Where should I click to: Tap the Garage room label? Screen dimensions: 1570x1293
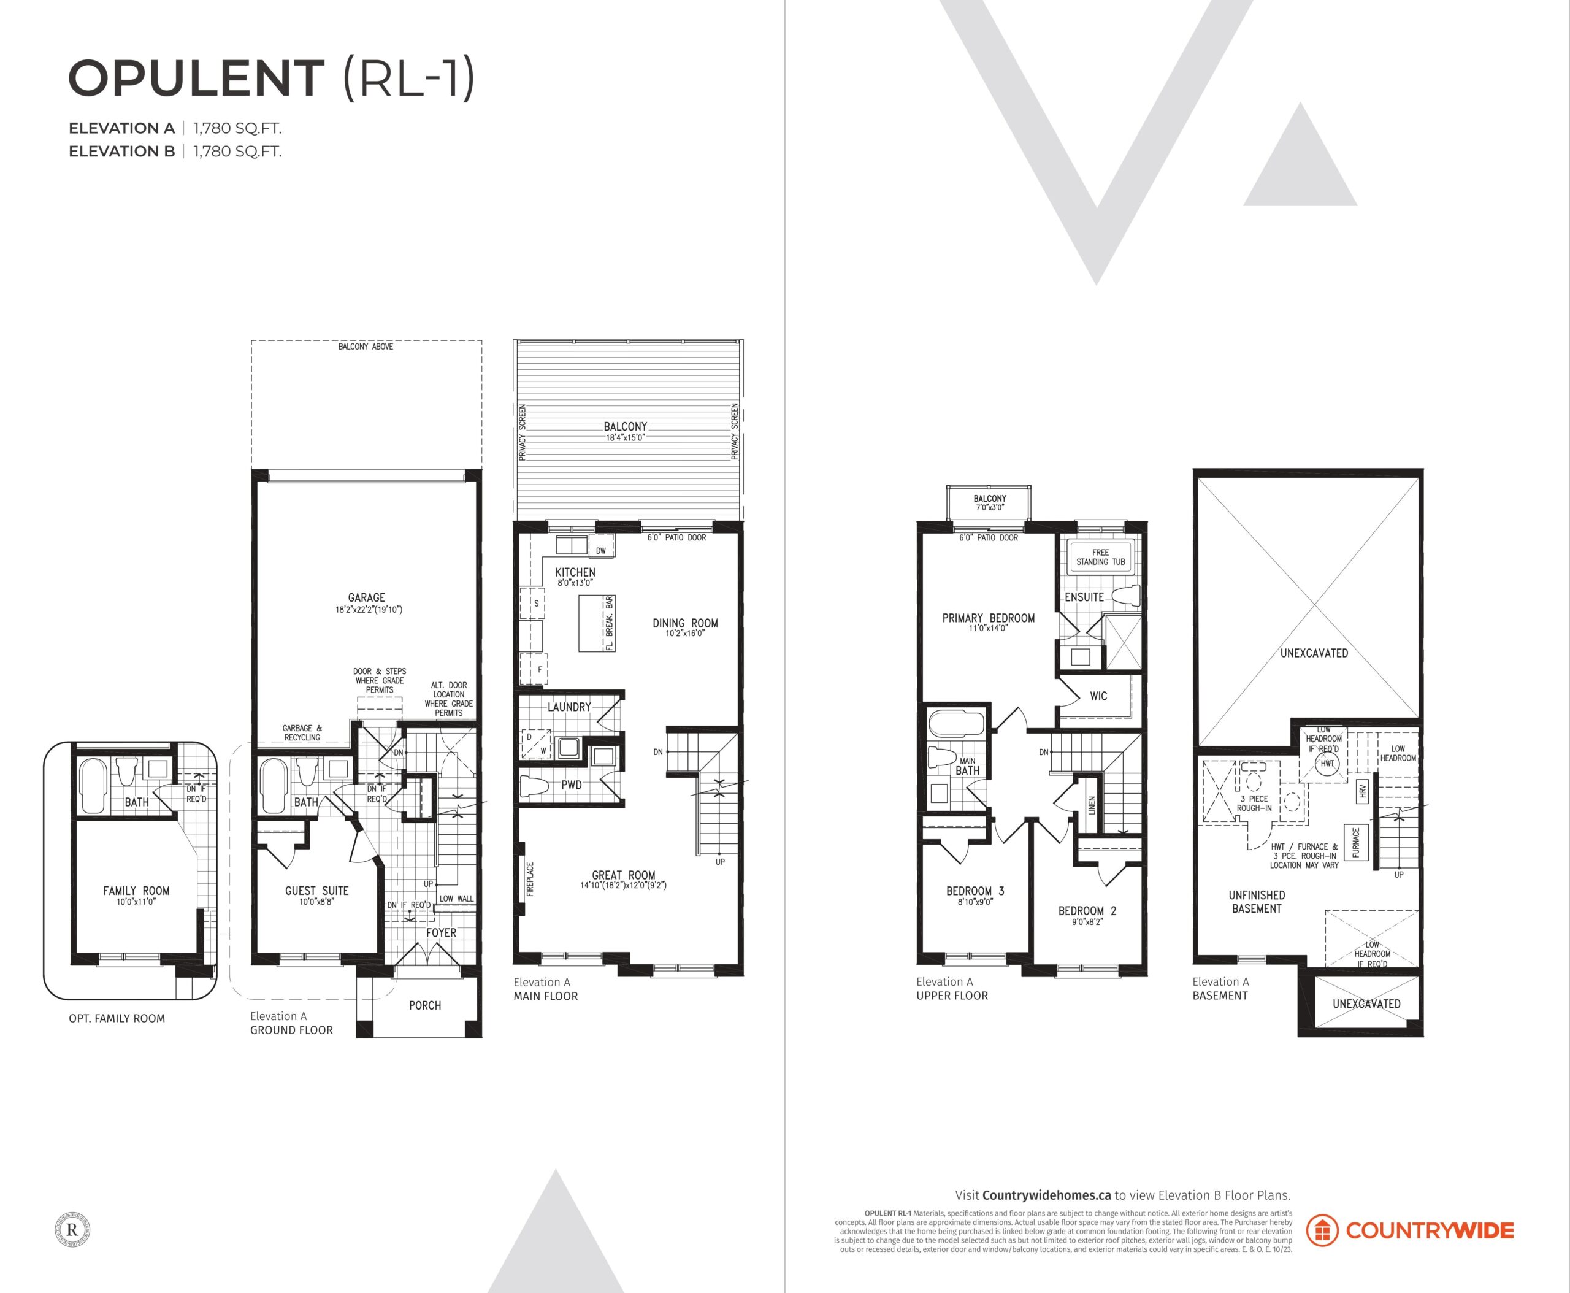(366, 597)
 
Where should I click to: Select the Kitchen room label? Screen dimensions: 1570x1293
(575, 572)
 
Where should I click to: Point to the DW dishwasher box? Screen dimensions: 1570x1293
(601, 550)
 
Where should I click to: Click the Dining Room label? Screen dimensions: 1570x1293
(685, 623)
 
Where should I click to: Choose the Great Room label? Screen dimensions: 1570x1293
(623, 875)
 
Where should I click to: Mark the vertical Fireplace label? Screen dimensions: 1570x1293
(530, 879)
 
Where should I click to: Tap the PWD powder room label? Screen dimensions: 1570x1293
(571, 785)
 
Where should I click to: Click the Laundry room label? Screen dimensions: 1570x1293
(569, 707)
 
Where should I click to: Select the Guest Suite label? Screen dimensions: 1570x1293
(316, 890)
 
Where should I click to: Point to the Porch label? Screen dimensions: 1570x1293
(424, 1005)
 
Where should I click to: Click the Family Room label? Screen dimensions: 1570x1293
(136, 890)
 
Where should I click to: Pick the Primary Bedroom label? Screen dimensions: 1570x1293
(989, 618)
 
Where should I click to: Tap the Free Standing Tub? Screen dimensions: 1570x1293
(1100, 556)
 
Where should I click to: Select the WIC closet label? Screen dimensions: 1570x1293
(1098, 696)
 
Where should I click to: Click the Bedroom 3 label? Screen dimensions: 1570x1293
(975, 891)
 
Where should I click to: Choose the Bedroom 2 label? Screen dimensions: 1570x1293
(1087, 911)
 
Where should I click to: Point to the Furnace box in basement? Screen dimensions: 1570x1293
(1355, 842)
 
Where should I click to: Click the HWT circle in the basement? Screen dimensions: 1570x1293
(1327, 764)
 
